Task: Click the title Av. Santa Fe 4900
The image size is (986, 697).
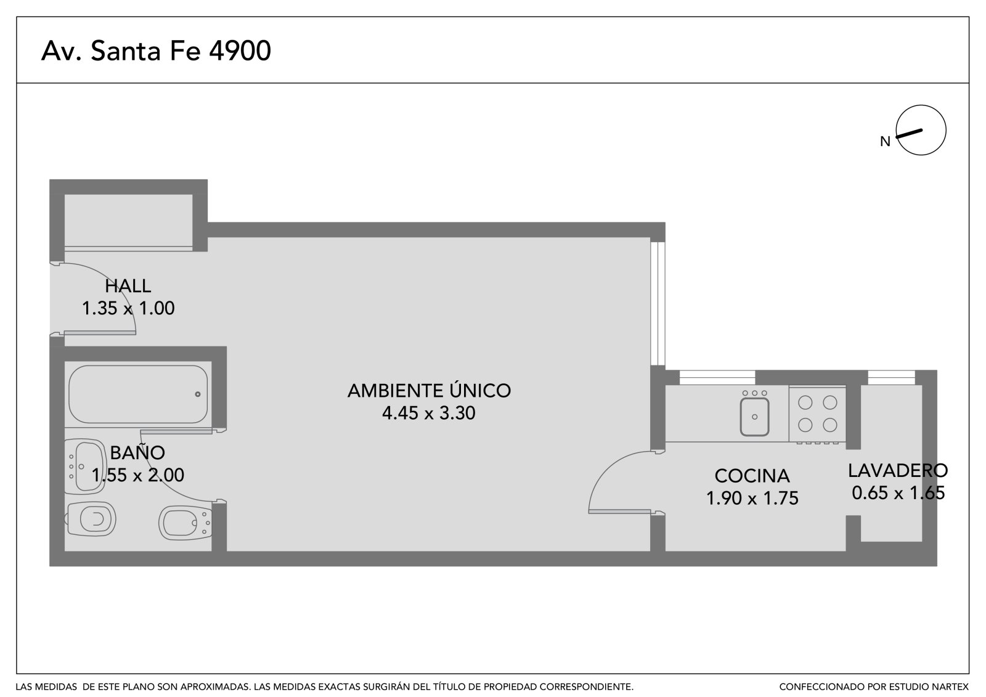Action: tap(156, 51)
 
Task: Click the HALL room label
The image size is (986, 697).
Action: tap(128, 286)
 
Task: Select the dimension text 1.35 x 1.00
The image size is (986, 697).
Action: tap(128, 308)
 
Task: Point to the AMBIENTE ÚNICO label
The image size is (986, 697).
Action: tap(429, 390)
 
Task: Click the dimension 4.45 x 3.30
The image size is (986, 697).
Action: tap(429, 413)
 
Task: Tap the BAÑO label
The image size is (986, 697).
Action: tap(137, 452)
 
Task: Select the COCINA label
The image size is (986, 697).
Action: tap(752, 476)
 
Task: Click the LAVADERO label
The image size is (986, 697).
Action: tap(898, 471)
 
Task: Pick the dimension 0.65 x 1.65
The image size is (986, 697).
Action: tap(898, 492)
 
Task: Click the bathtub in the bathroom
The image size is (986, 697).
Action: tap(138, 394)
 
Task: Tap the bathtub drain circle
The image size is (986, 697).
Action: tap(198, 394)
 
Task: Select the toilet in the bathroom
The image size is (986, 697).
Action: tap(91, 520)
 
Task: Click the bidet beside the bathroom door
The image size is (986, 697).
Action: tap(185, 524)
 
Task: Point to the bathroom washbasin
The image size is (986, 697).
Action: tap(85, 467)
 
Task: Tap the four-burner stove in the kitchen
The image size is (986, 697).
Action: tap(817, 414)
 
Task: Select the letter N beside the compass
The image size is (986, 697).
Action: tap(885, 141)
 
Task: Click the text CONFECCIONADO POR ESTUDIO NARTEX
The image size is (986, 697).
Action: tap(874, 687)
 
